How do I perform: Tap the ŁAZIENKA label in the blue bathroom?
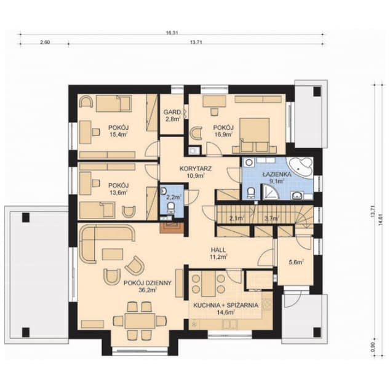[x=272, y=174]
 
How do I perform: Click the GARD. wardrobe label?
[x=172, y=112]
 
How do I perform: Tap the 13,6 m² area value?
[x=117, y=193]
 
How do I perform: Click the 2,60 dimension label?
[x=44, y=42]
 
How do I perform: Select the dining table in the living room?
[x=140, y=320]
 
